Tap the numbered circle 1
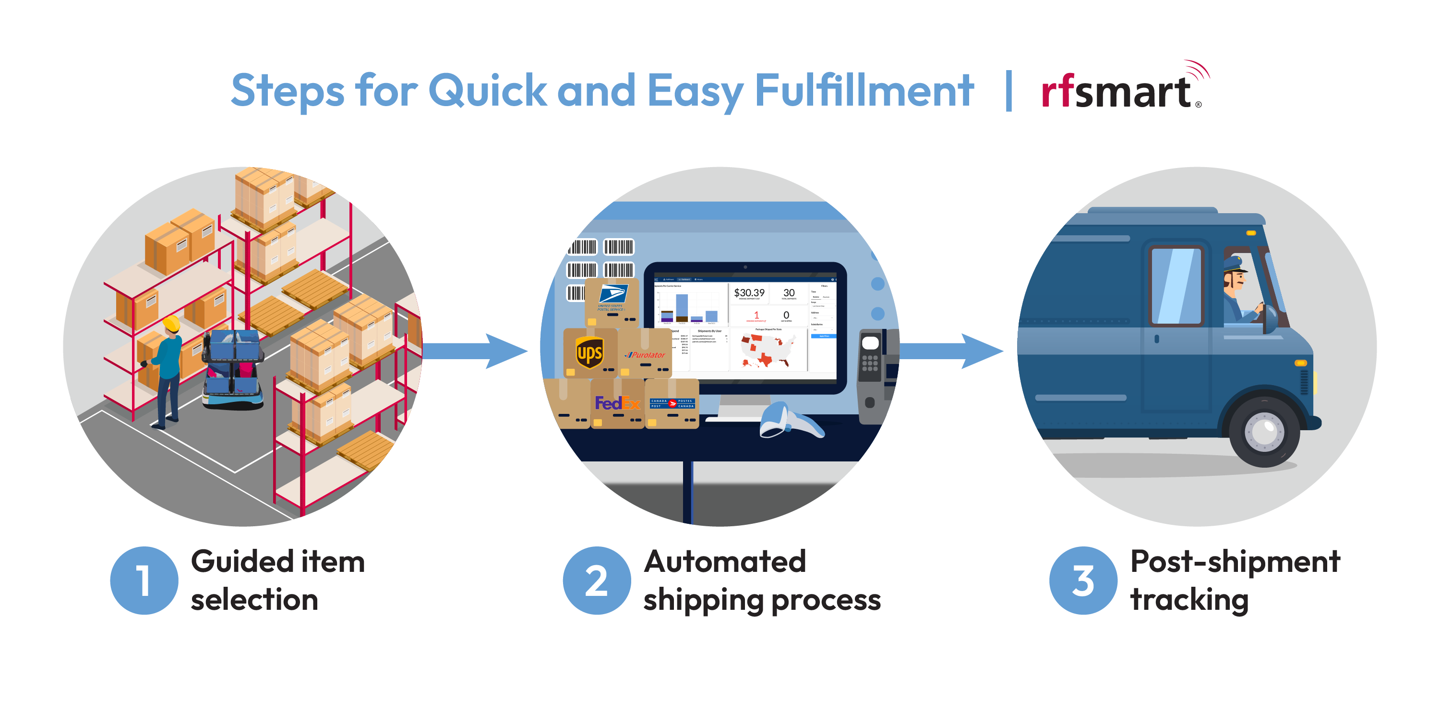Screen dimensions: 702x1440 (144, 580)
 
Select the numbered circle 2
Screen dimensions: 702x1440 (597, 580)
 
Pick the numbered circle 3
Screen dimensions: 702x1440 (1083, 580)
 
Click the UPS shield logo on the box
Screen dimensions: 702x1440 (589, 353)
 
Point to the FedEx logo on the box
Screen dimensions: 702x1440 (617, 403)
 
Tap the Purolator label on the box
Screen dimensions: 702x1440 (646, 355)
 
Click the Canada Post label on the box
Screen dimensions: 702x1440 (672, 403)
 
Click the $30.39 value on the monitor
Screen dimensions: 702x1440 (749, 292)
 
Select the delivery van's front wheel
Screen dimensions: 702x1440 (1264, 431)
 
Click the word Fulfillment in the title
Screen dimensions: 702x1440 (864, 91)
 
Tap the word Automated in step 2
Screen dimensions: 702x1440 (724, 562)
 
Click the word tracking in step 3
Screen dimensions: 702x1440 (1189, 600)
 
